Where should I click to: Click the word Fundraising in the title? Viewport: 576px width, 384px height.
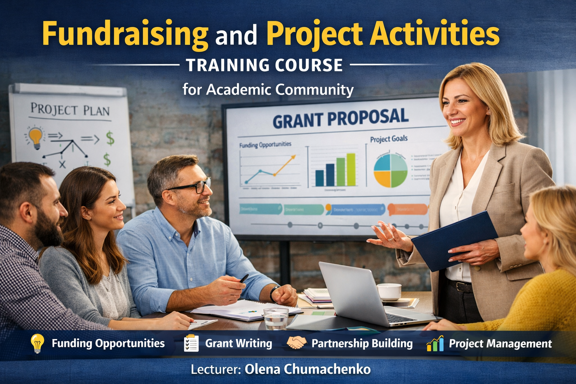click(x=125, y=34)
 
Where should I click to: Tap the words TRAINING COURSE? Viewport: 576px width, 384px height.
click(x=264, y=65)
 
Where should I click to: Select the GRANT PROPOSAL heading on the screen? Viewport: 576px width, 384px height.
click(x=340, y=118)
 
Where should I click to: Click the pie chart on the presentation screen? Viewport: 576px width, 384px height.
click(x=390, y=171)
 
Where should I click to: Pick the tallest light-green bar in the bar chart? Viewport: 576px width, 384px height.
click(x=351, y=169)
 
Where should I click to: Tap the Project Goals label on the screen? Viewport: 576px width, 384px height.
click(x=388, y=139)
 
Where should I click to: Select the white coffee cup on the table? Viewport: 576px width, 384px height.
click(x=389, y=291)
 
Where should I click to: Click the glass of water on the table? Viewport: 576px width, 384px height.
click(x=276, y=319)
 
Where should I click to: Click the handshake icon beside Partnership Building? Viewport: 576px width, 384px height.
click(x=296, y=343)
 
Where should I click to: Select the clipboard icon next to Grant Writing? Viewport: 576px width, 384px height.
click(x=191, y=343)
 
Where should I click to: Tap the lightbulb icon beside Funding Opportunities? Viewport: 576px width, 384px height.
click(x=37, y=343)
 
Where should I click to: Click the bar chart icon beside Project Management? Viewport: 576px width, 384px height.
click(x=435, y=343)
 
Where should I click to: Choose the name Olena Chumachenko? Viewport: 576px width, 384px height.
click(x=307, y=369)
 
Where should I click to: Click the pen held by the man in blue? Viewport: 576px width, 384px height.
click(x=244, y=278)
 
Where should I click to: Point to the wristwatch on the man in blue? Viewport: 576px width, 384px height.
click(x=273, y=293)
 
